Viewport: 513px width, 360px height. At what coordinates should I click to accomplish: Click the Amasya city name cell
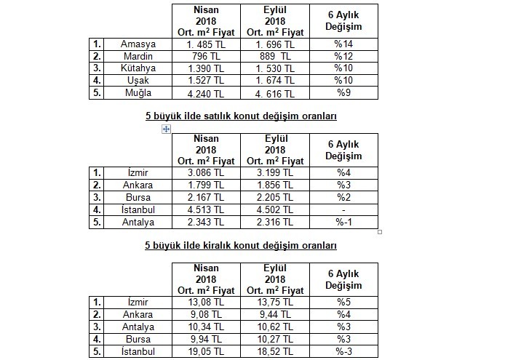coord(138,44)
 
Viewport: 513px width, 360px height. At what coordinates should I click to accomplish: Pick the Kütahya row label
coord(138,68)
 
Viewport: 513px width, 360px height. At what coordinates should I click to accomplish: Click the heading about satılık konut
coord(241,115)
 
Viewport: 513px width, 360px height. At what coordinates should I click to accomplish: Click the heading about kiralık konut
coord(241,245)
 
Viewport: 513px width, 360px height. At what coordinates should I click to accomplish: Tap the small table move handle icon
coord(167,129)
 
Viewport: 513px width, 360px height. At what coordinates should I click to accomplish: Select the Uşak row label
coord(138,80)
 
